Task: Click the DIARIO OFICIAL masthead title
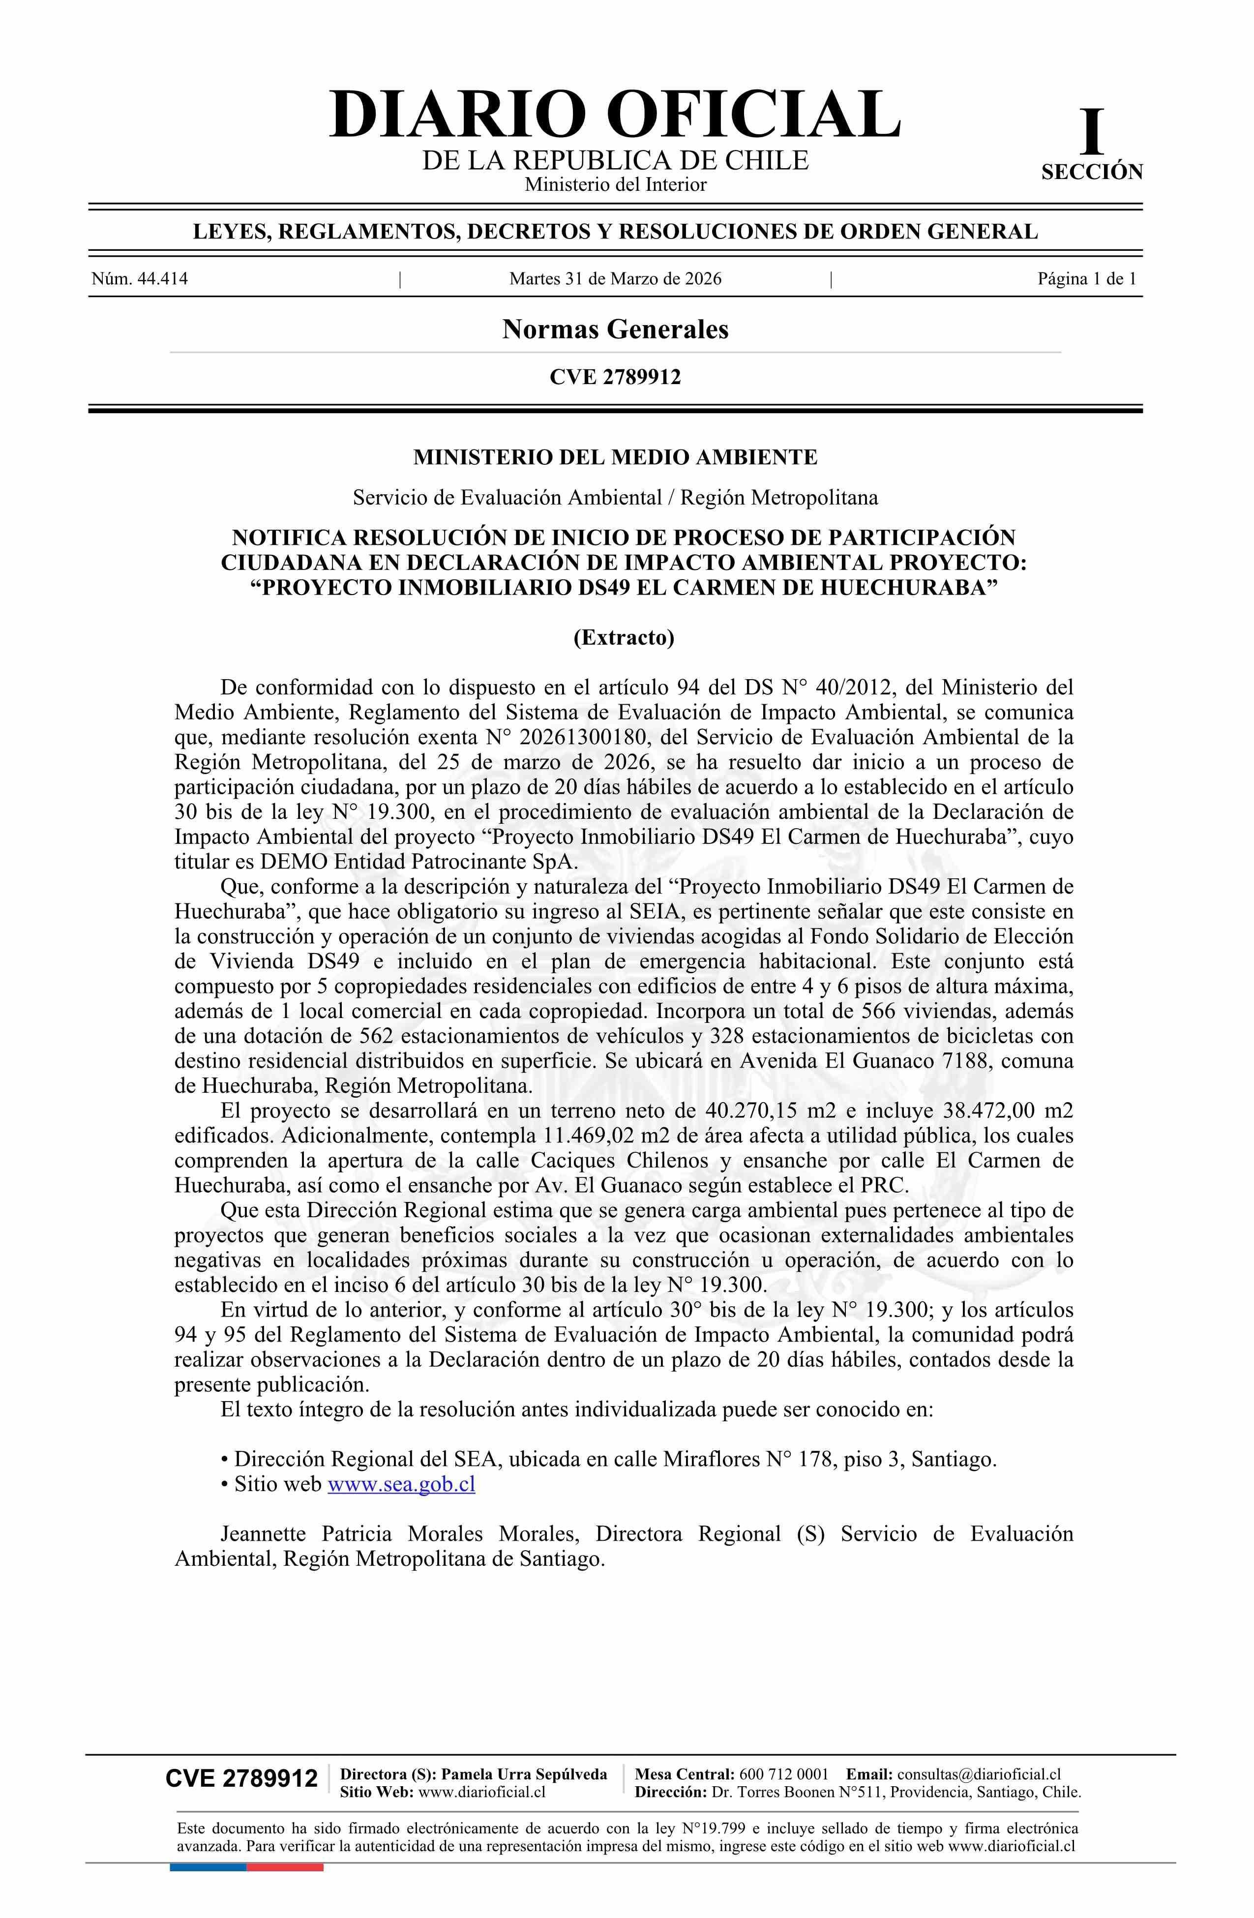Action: click(x=615, y=115)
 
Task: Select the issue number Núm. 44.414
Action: click(x=140, y=280)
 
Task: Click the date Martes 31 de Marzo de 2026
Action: click(x=615, y=280)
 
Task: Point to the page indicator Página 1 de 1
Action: click(x=1086, y=280)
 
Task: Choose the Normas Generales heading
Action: click(x=615, y=330)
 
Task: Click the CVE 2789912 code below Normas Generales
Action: click(x=615, y=377)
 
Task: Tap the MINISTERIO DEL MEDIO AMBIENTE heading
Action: click(x=615, y=458)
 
